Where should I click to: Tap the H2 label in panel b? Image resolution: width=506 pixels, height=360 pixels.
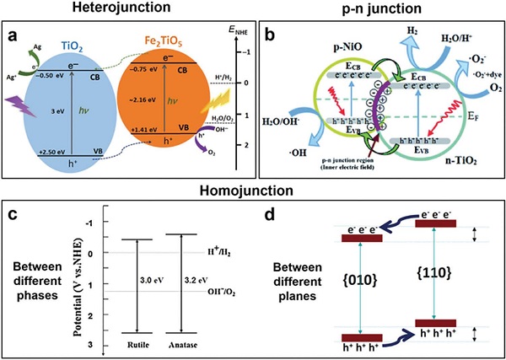(387, 30)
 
